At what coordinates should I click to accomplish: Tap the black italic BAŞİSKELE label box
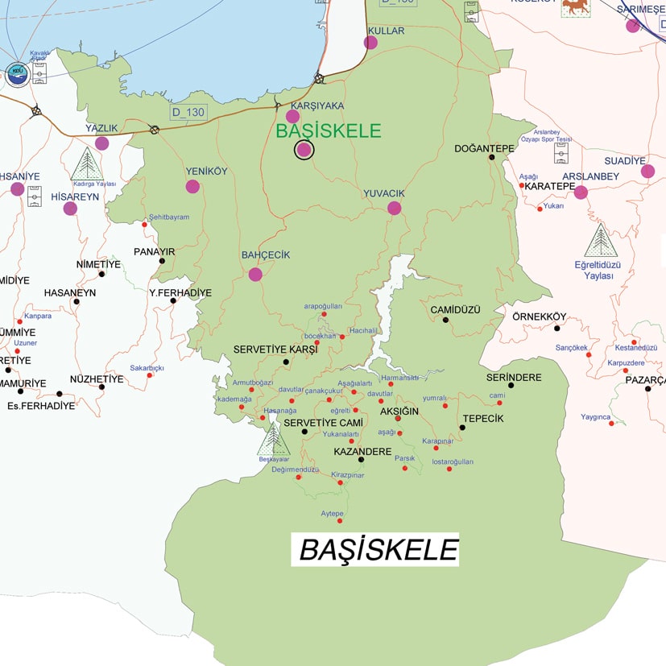pos(375,549)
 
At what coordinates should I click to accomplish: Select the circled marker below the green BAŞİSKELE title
pos(304,150)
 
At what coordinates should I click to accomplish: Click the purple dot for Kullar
pos(370,42)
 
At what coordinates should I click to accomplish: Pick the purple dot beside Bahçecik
pos(255,274)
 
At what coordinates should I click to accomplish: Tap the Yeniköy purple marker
pos(192,186)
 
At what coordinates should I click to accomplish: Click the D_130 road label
pos(188,112)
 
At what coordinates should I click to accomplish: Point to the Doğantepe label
pos(483,148)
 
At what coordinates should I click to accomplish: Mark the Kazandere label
pos(362,452)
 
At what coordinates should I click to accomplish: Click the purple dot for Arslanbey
pos(581,192)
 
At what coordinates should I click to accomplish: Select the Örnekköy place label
pos(540,316)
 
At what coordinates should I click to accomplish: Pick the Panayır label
pos(154,251)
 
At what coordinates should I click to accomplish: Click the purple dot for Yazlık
pos(101,143)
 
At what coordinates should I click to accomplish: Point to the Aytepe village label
pos(333,513)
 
